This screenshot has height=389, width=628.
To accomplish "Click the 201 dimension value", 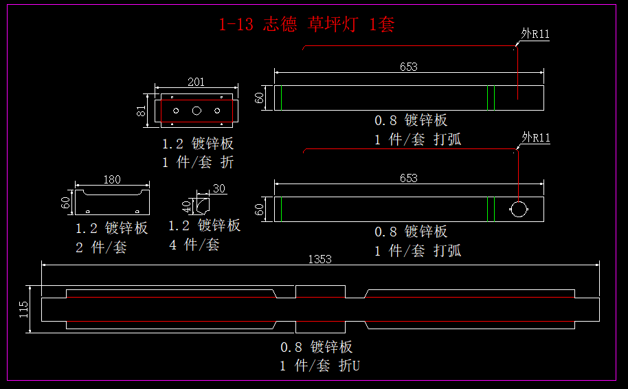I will tap(196, 82).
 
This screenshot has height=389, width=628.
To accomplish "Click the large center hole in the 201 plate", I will tap(197, 110).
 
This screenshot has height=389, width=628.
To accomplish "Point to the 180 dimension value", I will tap(111, 180).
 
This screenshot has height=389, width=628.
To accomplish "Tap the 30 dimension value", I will tap(219, 188).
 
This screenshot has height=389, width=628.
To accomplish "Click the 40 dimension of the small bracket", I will tap(186, 205).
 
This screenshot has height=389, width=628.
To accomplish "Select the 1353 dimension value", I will tap(320, 259).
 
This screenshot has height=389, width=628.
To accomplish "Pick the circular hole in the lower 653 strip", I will tap(518, 209).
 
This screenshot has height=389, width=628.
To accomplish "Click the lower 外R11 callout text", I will tap(536, 139).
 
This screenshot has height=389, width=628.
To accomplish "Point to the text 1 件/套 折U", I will tap(319, 366).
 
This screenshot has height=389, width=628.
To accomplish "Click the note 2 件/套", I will tap(101, 247).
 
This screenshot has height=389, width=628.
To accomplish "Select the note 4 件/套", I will tap(194, 244).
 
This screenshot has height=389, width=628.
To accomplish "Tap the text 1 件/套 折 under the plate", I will tap(198, 162).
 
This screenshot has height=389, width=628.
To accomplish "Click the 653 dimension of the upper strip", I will tap(409, 67).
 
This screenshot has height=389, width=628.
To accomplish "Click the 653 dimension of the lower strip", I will tap(409, 178).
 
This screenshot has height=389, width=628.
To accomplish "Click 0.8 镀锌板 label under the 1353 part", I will tap(316, 346).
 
